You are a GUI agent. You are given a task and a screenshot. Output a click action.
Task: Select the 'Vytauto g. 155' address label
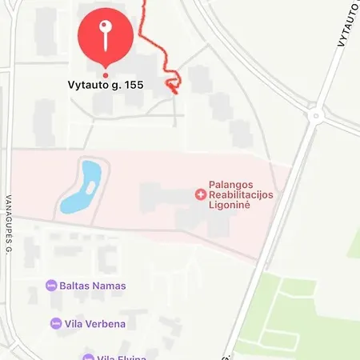click(x=104, y=83)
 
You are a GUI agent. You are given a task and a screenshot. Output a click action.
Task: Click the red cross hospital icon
click(x=200, y=194)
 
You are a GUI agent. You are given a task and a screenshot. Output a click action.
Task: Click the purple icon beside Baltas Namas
click(x=52, y=286)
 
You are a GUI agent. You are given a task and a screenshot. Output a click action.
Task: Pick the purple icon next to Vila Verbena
click(x=56, y=323)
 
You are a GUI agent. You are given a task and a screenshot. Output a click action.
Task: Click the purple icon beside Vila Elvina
click(x=88, y=357)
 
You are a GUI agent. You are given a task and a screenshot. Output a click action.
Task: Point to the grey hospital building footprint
click(x=172, y=200)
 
